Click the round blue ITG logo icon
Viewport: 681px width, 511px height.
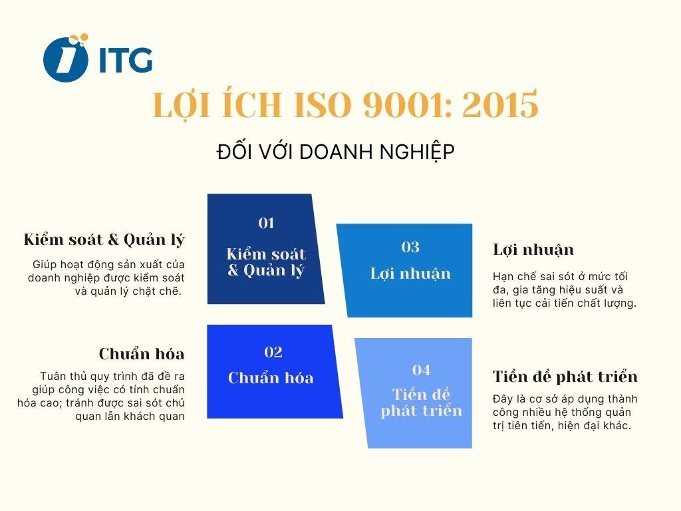coord(65,59)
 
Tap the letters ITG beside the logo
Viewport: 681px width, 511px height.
coord(125,60)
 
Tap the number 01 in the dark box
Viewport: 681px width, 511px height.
coord(266,224)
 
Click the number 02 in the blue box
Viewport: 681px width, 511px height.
coord(273,352)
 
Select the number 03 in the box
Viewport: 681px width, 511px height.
coord(410,248)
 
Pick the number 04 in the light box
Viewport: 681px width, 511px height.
coord(421,370)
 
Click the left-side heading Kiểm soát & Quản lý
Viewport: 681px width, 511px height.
coord(104,240)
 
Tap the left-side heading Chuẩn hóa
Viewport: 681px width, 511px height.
coord(142,353)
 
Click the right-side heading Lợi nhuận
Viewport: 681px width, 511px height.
coord(533,250)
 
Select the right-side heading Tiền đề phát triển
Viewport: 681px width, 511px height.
coord(565,377)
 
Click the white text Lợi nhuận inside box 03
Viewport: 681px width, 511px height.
coord(410,273)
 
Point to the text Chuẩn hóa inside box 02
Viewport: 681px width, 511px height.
coord(271,378)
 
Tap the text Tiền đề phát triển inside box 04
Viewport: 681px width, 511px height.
coord(421,402)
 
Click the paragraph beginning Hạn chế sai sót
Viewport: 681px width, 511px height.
coord(565,289)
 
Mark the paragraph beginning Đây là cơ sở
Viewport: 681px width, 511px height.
coord(565,413)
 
